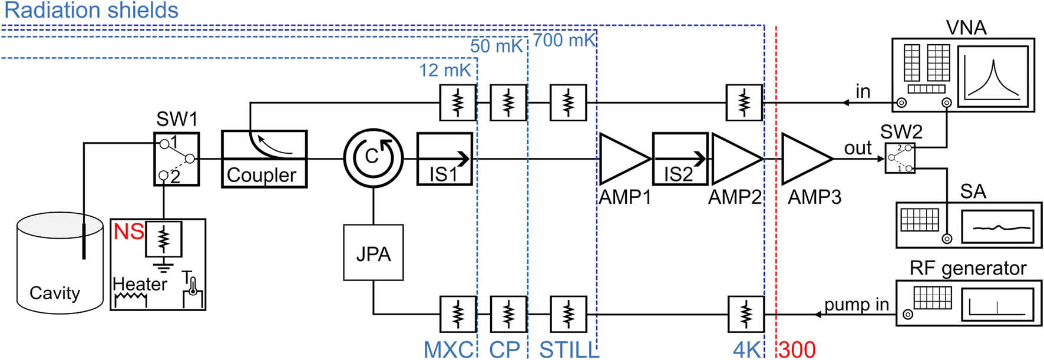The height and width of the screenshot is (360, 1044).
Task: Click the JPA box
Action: [373, 253]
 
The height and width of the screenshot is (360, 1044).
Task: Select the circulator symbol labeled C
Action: [373, 158]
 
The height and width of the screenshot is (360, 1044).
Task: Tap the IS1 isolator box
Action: [445, 160]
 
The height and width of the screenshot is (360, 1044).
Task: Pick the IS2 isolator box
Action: [680, 160]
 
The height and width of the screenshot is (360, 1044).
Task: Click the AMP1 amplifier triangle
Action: [622, 159]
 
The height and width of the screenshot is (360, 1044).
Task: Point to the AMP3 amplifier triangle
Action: [804, 159]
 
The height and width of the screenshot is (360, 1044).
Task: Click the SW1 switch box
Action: [177, 159]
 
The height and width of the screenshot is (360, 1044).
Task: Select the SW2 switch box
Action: [900, 158]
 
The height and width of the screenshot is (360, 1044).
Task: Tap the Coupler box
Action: [264, 159]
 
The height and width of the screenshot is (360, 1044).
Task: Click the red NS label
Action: [128, 232]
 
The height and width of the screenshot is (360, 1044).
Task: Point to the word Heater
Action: [140, 284]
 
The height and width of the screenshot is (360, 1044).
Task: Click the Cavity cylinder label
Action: [55, 293]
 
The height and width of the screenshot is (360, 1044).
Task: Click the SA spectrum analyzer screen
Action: [997, 227]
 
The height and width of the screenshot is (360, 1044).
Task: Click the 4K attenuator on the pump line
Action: [746, 314]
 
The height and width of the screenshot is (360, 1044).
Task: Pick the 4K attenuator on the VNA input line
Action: [744, 103]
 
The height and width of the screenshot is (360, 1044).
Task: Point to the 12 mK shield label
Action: [445, 71]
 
